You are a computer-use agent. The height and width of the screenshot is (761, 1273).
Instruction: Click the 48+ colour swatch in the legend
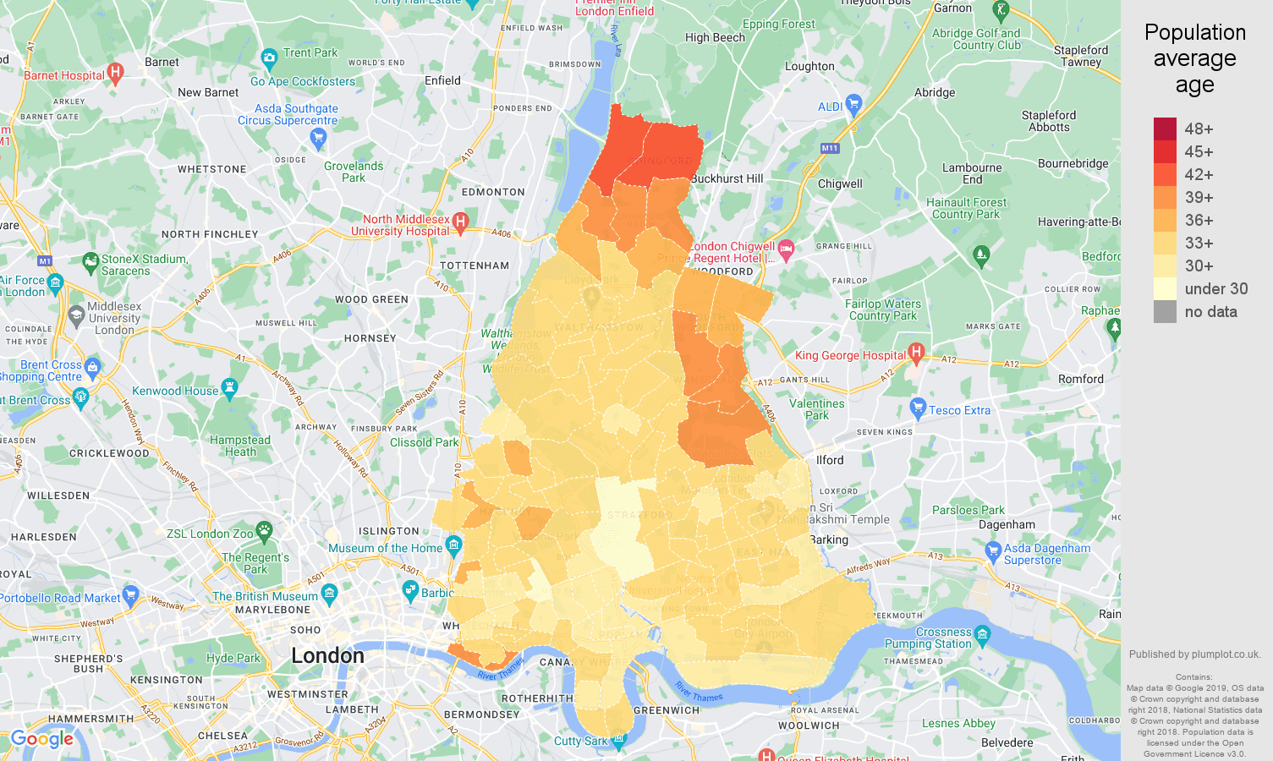[x=1165, y=129]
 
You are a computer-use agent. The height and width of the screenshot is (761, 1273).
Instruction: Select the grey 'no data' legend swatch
[x=1165, y=311]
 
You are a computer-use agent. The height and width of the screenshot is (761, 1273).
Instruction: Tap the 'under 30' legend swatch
[x=1165, y=288]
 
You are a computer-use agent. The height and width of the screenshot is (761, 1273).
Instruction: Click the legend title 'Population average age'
[x=1194, y=58]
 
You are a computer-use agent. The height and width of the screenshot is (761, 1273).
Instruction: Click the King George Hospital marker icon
[x=915, y=351]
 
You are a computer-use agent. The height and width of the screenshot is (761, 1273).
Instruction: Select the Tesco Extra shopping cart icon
[x=918, y=408]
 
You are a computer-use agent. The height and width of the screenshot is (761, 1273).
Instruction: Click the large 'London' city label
[x=327, y=655]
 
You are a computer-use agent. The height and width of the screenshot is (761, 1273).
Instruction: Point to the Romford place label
[x=1080, y=379]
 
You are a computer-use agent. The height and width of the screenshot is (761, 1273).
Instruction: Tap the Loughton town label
[x=809, y=66]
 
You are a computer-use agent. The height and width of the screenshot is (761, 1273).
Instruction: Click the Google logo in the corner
[x=42, y=739]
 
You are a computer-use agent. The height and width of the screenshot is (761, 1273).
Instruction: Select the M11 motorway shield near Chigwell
[x=830, y=148]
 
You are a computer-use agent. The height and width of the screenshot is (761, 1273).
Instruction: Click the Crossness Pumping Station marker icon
[x=982, y=633]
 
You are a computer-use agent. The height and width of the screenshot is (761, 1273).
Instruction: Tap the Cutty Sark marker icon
[x=618, y=741]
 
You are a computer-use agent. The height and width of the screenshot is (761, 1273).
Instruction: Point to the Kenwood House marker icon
[x=229, y=388]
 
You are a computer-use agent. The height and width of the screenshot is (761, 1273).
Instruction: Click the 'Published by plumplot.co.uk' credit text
[x=1194, y=654]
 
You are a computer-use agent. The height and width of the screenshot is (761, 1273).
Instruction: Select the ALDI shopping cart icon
[x=853, y=104]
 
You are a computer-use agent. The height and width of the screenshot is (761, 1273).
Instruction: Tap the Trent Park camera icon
[x=269, y=58]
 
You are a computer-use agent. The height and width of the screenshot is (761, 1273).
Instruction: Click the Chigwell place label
[x=840, y=183]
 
